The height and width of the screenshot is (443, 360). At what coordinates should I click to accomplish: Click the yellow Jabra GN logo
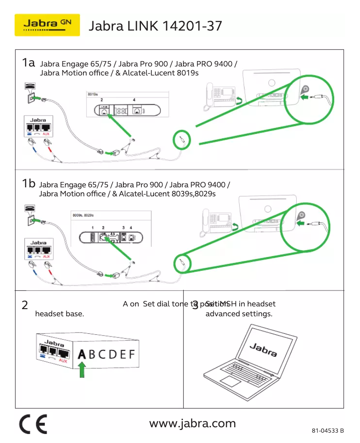pyautogui.click(x=47, y=25)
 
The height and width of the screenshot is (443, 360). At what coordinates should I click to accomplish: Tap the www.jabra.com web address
pyautogui.click(x=192, y=423)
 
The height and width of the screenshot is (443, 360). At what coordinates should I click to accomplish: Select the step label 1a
pyautogui.click(x=28, y=63)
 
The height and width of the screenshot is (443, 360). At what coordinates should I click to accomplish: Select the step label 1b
pyautogui.click(x=28, y=183)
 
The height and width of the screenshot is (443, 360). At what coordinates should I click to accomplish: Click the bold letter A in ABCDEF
pyautogui.click(x=81, y=354)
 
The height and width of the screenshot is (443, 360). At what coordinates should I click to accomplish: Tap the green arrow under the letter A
pyautogui.click(x=82, y=371)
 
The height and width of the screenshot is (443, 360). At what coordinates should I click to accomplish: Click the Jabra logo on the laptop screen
pyautogui.click(x=263, y=350)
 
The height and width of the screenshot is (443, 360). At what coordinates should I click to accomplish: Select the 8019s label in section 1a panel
pyautogui.click(x=92, y=95)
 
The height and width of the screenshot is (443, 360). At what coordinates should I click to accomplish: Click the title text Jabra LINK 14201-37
pyautogui.click(x=156, y=26)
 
